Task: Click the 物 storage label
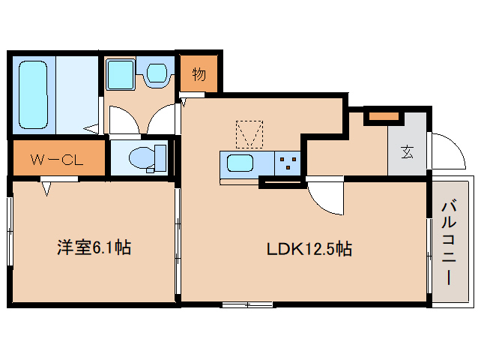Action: pos(199,74)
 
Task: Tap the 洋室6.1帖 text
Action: pos(93,247)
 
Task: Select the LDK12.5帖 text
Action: pos(310,248)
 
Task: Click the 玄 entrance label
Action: pos(407,152)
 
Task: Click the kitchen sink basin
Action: pos(240,163)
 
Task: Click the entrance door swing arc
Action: pos(447,150)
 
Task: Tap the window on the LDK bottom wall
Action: pos(247,304)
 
